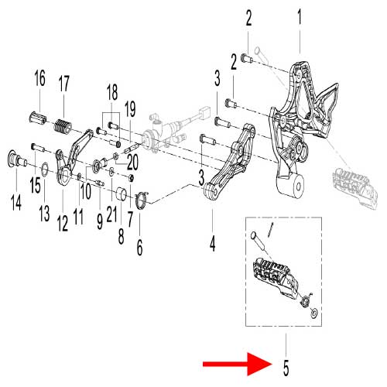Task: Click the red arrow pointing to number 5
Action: [238, 364]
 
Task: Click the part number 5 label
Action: [286, 367]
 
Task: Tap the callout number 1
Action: [300, 17]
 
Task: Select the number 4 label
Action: [212, 243]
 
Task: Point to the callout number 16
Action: [39, 78]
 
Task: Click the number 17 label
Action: [63, 83]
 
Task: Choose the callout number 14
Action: [16, 202]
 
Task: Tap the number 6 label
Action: [139, 247]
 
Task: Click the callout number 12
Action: [63, 223]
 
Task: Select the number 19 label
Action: [130, 109]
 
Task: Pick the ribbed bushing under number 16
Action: [37, 118]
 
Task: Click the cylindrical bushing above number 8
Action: [121, 193]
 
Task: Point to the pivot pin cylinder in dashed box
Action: [258, 240]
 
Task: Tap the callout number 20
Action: [132, 162]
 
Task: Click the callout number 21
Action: [111, 214]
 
